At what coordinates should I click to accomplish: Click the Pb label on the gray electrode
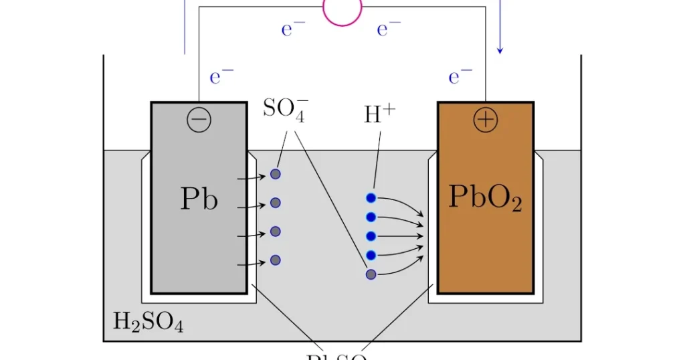(x=199, y=198)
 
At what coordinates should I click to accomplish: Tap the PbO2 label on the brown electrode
(x=485, y=197)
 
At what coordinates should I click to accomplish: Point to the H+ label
(x=380, y=114)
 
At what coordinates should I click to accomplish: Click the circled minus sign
(x=199, y=120)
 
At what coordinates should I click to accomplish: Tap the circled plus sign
(x=485, y=120)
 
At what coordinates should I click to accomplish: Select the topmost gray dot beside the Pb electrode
(x=275, y=174)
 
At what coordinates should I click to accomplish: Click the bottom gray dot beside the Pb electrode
(x=275, y=260)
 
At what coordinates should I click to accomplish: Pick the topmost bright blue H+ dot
(x=371, y=197)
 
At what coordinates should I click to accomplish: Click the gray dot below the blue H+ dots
(x=371, y=274)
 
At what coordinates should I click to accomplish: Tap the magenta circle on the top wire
(x=342, y=8)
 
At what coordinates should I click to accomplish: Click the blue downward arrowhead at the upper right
(x=500, y=50)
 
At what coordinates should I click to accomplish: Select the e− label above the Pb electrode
(x=221, y=77)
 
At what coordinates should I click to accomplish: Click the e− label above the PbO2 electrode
(x=460, y=77)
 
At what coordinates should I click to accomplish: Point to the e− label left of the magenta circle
(x=294, y=29)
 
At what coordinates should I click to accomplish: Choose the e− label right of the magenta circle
(x=389, y=29)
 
